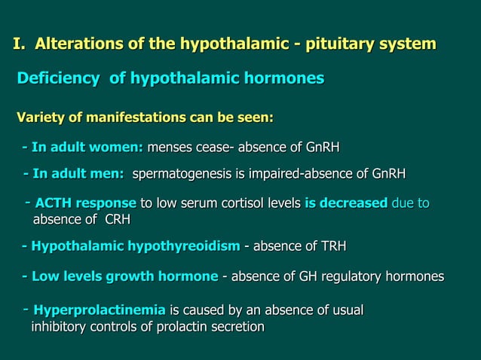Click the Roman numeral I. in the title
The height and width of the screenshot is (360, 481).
[19, 44]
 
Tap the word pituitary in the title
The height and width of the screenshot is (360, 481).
[342, 44]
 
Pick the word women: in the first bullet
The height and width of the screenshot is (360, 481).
[119, 146]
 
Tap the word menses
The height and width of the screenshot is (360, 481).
[170, 146]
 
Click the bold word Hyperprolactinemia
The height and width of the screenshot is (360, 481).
[100, 310]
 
